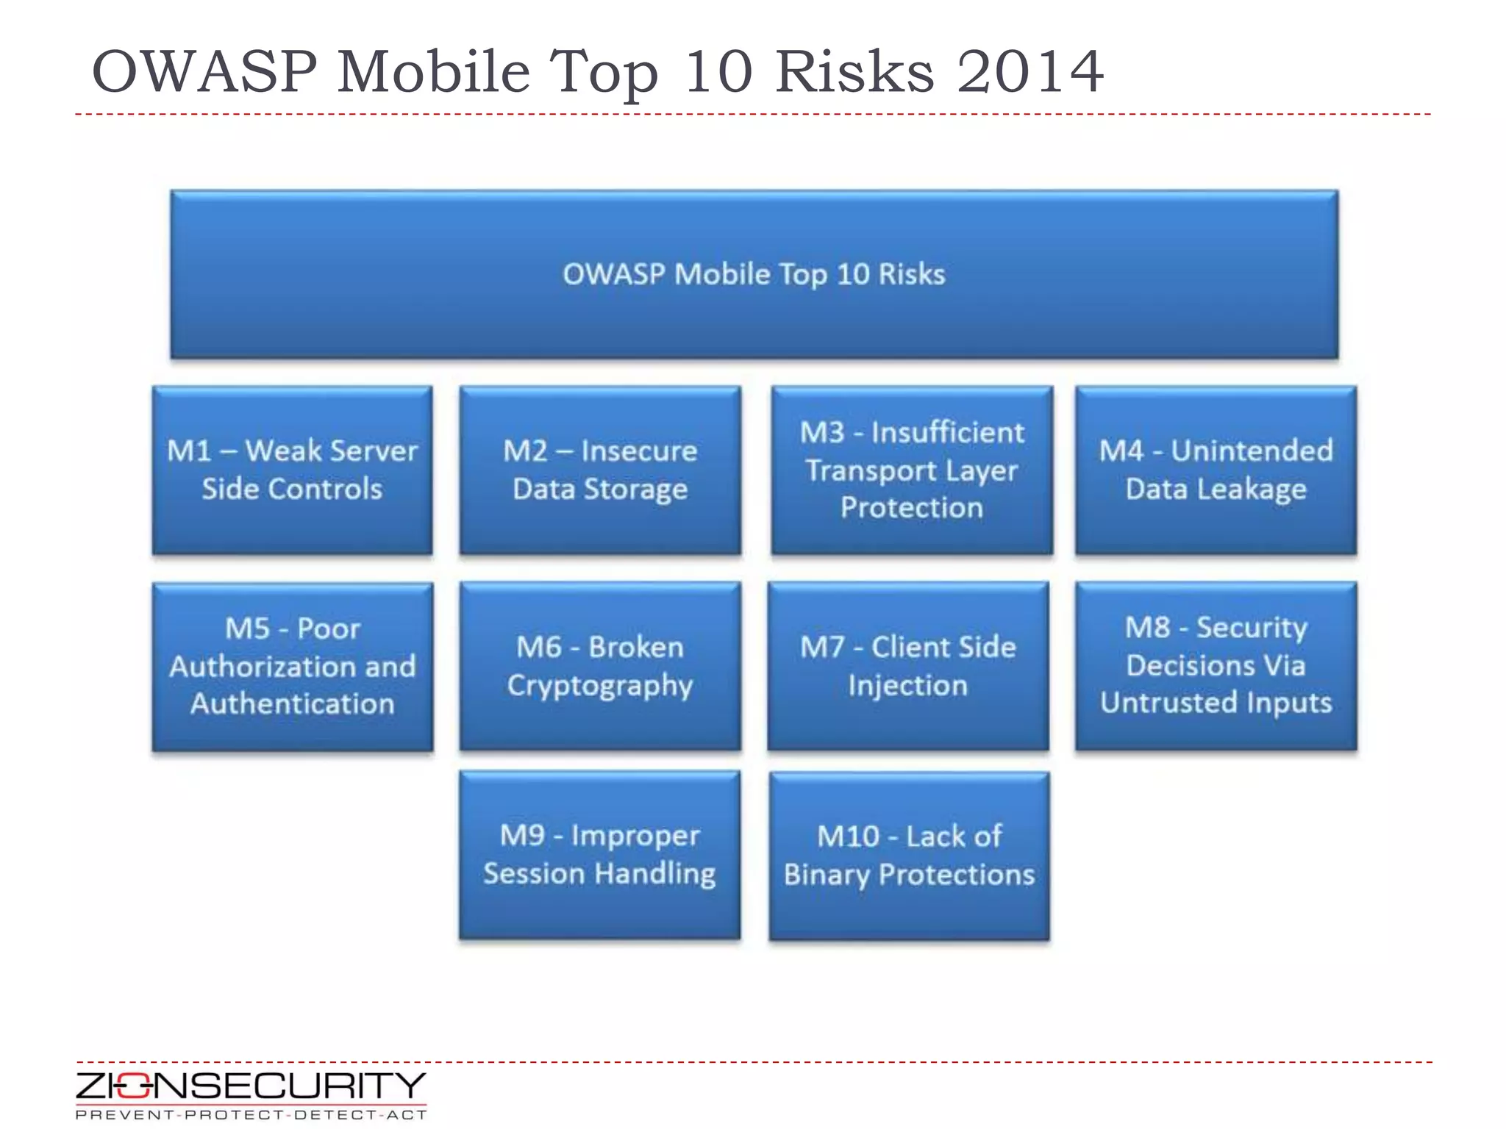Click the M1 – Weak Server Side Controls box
click(292, 470)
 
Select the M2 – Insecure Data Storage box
click(600, 470)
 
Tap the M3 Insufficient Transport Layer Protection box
click(912, 470)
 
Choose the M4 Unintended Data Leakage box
click(1216, 470)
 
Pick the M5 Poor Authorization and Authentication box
click(292, 667)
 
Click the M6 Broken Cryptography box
click(600, 667)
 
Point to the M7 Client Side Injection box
click(908, 667)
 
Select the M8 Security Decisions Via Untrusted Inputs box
click(1216, 667)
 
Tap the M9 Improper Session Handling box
click(600, 855)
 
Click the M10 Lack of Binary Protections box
click(909, 856)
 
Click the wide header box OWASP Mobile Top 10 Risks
click(754, 274)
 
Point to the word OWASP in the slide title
click(204, 71)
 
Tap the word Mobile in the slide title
click(433, 71)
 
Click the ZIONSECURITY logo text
click(250, 1086)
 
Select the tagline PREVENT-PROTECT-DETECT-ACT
click(251, 1115)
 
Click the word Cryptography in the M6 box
click(600, 686)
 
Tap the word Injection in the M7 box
click(908, 686)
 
